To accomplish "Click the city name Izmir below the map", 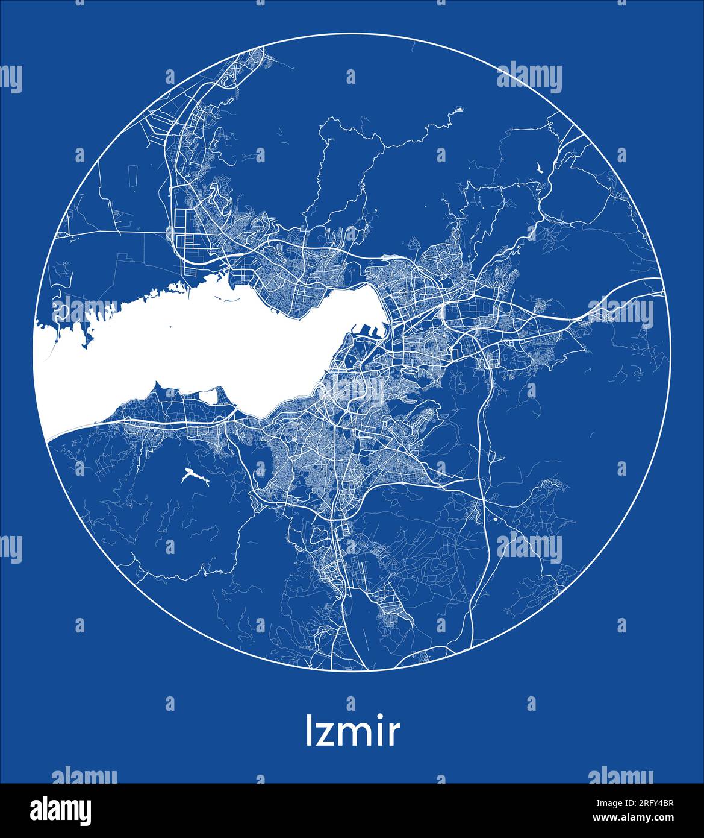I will pyautogui.click(x=352, y=731).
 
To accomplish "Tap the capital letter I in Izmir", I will pyautogui.click(x=310, y=731).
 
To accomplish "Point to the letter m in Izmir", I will pyautogui.click(x=355, y=735).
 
